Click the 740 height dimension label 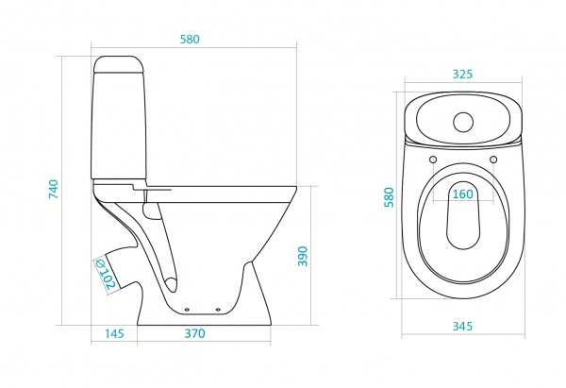(x=54, y=189)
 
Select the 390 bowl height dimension (x=303, y=256)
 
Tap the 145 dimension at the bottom (x=114, y=333)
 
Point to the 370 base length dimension (x=195, y=333)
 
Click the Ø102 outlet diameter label (x=106, y=274)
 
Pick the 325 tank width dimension (x=462, y=74)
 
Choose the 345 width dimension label (x=462, y=327)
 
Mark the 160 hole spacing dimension (x=462, y=194)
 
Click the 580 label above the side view (x=190, y=39)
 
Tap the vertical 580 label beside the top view (x=389, y=197)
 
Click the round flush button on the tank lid (x=463, y=122)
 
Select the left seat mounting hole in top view (x=433, y=160)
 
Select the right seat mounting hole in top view (x=493, y=160)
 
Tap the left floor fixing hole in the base (x=187, y=310)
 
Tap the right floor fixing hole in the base (x=218, y=310)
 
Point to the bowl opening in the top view (x=463, y=215)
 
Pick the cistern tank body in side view (x=119, y=126)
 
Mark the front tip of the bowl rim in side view (x=296, y=187)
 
